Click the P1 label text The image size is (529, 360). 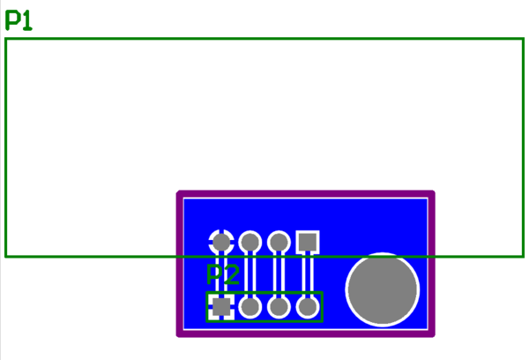pos(19,20)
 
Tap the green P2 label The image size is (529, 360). pos(222,275)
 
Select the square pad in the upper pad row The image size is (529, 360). pos(307,241)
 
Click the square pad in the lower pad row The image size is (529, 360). pos(221,306)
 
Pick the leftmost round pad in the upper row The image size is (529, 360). pos(221,241)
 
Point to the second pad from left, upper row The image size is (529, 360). pos(250,241)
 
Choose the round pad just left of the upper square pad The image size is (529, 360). pos(279,241)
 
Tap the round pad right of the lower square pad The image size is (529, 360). pos(250,306)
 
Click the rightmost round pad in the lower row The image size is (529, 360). pos(307,306)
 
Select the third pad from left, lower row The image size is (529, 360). pos(279,306)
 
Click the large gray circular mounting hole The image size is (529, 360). pos(382,289)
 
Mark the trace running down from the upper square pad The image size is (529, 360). pos(307,274)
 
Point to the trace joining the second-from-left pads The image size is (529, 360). pos(250,274)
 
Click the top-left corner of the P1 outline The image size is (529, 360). pos(6,39)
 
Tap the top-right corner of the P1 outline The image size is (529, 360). pos(523,39)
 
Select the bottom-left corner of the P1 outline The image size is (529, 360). pos(6,256)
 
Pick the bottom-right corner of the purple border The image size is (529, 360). pos(432,334)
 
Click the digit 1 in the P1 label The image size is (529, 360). pos(26,20)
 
